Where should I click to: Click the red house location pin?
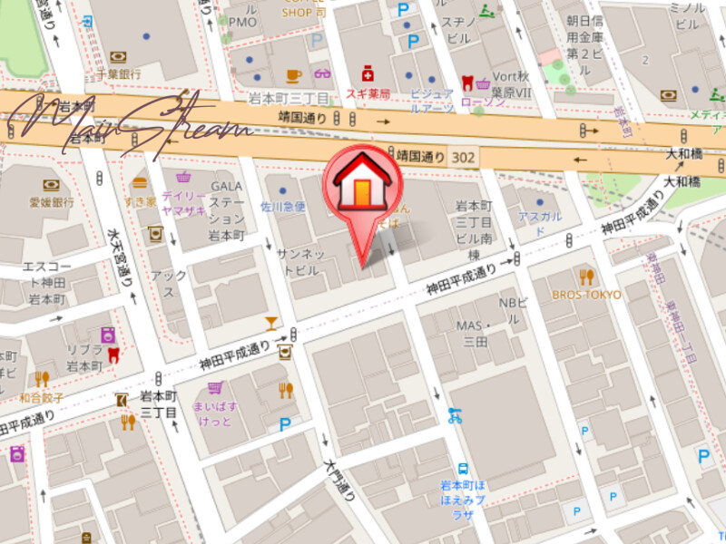tap(363, 185)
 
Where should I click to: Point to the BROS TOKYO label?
tap(587, 295)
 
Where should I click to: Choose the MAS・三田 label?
tap(474, 333)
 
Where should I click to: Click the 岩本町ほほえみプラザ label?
tap(464, 494)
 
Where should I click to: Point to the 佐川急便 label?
tap(283, 208)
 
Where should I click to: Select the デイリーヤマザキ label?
tap(184, 203)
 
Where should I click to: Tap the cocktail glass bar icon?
tap(271, 322)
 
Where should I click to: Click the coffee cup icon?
tap(293, 75)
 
